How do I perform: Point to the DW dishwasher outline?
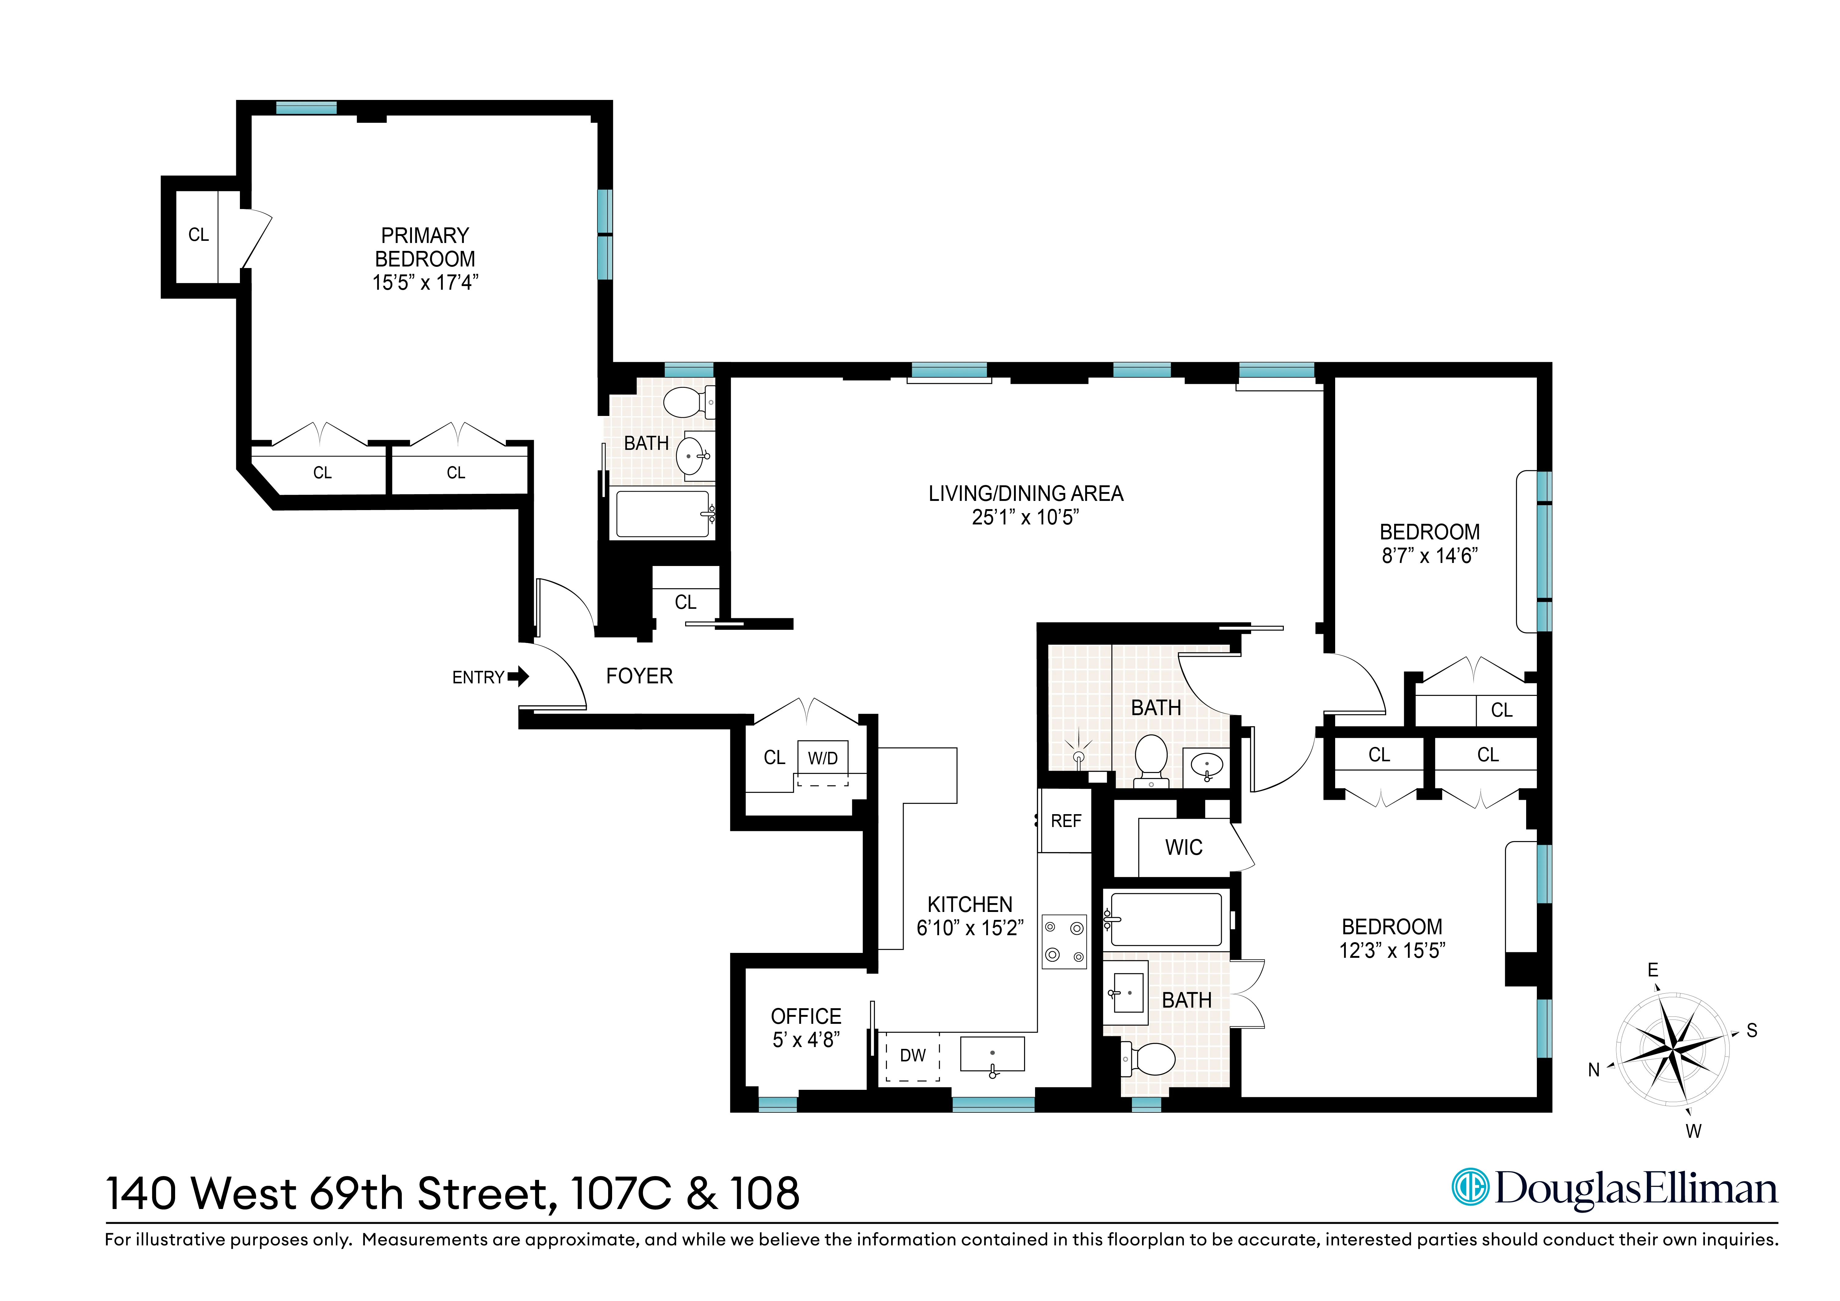point(912,1056)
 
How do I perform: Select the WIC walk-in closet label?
point(1184,848)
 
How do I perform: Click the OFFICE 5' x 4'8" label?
point(805,1028)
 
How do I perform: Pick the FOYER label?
point(639,677)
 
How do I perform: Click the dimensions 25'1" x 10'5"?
point(1025,518)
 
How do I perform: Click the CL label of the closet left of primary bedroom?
point(198,235)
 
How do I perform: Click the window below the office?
point(777,1104)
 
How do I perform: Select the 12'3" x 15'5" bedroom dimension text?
point(1392,951)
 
